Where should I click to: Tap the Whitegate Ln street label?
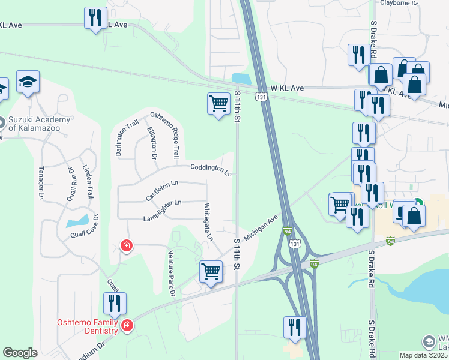208,222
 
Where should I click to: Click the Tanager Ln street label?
41,182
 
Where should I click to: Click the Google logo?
20,353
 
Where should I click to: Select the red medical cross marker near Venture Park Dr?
127,245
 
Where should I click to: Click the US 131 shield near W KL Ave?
261,96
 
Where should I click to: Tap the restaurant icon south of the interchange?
294,328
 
